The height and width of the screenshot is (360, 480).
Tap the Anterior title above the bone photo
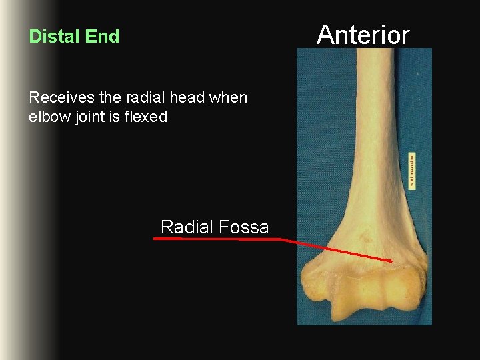click(363, 34)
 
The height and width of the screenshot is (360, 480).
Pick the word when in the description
click(228, 98)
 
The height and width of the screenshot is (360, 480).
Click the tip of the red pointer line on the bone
click(391, 261)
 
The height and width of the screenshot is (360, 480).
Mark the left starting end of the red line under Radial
click(155, 238)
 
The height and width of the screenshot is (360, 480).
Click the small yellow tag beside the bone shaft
click(412, 171)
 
